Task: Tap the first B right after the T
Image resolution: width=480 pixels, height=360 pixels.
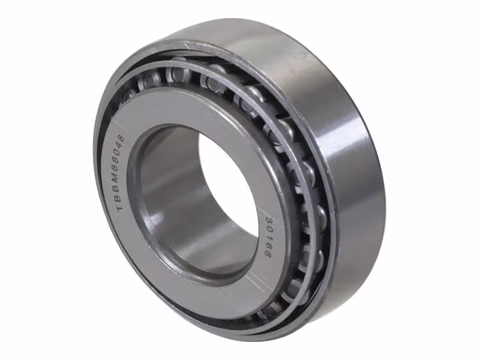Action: (x=119, y=199)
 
